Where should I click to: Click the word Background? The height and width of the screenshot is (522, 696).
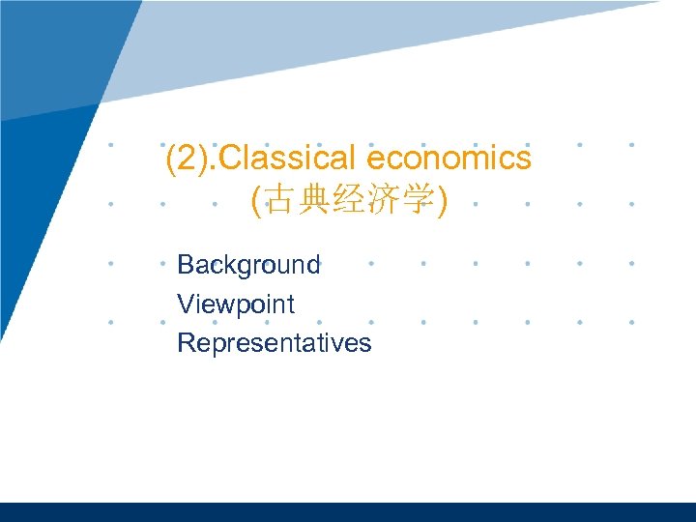248,265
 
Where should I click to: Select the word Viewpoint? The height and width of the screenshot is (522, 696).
236,304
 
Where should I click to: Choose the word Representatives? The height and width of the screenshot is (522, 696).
274,342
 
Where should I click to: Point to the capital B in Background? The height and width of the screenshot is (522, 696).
186,265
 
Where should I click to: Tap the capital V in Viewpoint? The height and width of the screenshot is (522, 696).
186,304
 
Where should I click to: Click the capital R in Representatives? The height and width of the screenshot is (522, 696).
187,342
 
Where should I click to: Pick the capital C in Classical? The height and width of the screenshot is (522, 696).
232,158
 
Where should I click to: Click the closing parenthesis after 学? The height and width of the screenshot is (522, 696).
441,203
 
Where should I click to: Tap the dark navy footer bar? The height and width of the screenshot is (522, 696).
348,511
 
